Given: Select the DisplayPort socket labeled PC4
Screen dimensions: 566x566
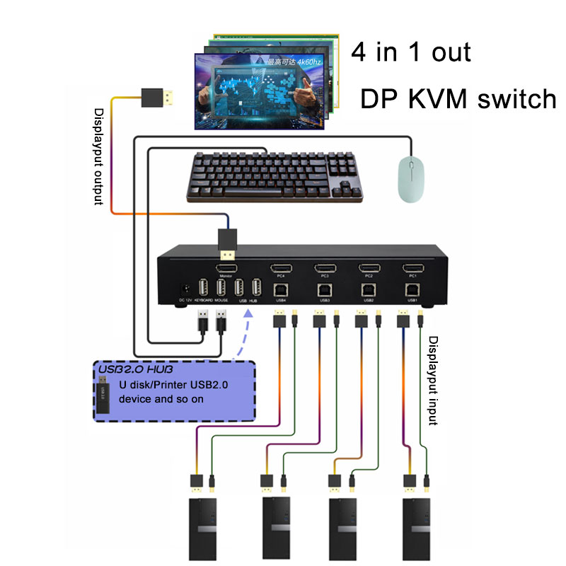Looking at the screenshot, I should (x=281, y=268).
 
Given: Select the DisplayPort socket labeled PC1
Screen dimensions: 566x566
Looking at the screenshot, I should (x=412, y=268).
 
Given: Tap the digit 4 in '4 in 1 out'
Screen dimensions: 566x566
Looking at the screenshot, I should (x=359, y=52).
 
